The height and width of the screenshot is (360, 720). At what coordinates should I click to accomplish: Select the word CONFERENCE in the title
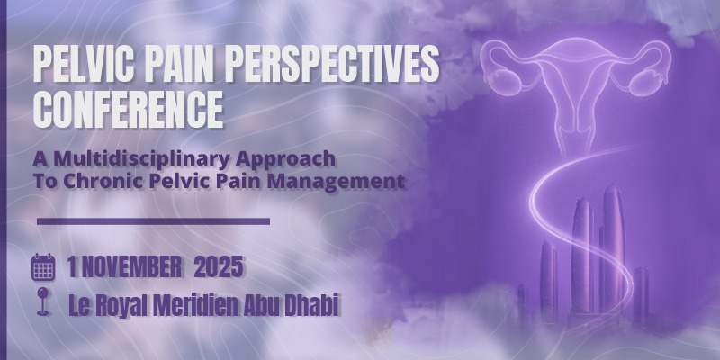(x=128, y=110)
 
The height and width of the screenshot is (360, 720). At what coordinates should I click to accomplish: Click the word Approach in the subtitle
(x=286, y=160)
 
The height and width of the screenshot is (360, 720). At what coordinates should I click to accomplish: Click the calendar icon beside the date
(x=43, y=267)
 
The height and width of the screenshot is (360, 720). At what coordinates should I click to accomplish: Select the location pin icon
(x=43, y=301)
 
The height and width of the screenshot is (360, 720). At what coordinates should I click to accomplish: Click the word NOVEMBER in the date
(x=131, y=267)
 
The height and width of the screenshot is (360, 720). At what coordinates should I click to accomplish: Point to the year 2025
(x=218, y=267)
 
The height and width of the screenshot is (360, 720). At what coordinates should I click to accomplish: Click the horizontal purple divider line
(x=153, y=221)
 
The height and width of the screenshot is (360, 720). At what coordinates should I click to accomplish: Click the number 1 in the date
(x=72, y=267)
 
